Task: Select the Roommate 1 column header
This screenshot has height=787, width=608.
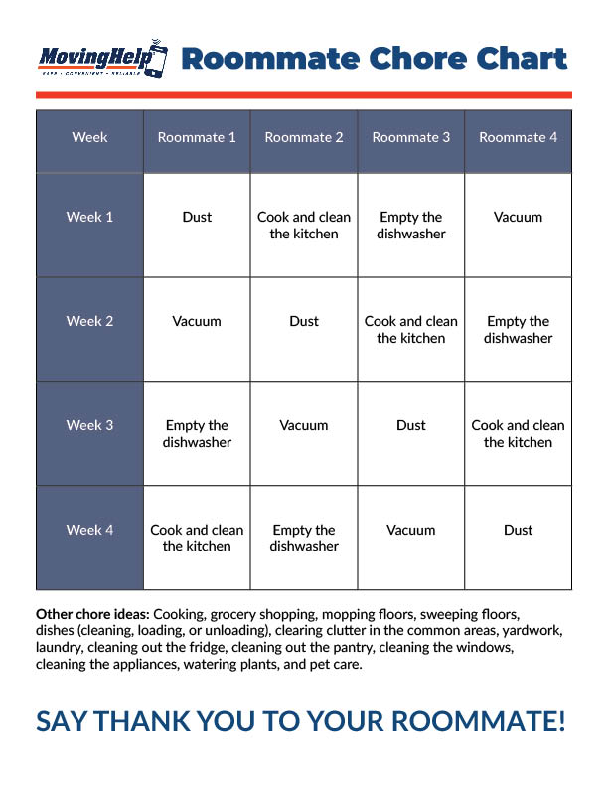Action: pyautogui.click(x=197, y=138)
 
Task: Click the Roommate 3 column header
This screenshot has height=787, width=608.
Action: pyautogui.click(x=411, y=138)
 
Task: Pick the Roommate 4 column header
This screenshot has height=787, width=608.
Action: pyautogui.click(x=519, y=138)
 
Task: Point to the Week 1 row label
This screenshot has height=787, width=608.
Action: pyautogui.click(x=89, y=217)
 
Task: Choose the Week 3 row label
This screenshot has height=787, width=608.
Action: pyautogui.click(x=89, y=425)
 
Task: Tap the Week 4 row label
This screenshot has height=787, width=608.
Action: pyautogui.click(x=89, y=530)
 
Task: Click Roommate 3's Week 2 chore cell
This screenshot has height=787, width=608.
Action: pyautogui.click(x=411, y=329)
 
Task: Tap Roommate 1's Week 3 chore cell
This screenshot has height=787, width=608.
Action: pyautogui.click(x=197, y=433)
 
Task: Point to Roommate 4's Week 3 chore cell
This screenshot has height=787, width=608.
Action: pyautogui.click(x=519, y=433)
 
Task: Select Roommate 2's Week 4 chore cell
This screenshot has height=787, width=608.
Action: pyautogui.click(x=304, y=538)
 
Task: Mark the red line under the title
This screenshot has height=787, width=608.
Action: pyautogui.click(x=304, y=95)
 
